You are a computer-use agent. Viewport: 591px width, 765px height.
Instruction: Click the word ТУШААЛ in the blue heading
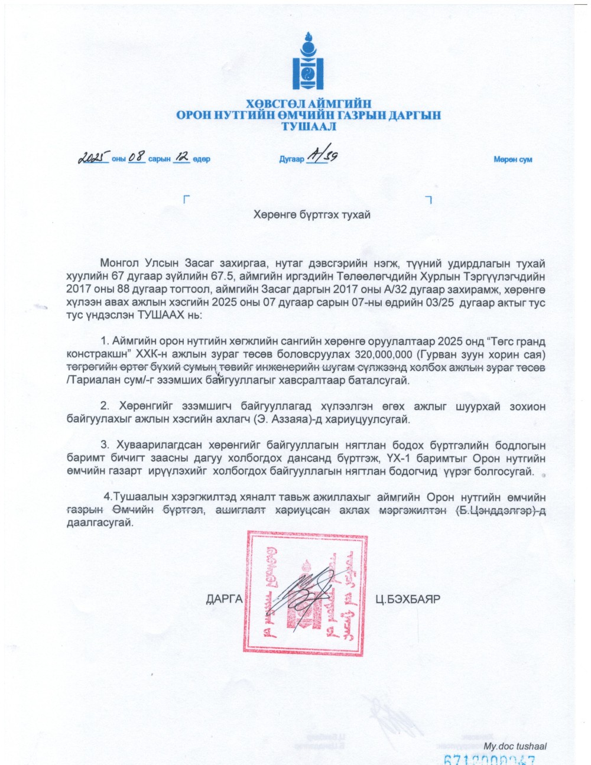(309, 126)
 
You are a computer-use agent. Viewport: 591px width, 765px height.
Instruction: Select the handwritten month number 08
(137, 157)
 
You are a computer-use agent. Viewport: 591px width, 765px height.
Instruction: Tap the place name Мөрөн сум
(512, 159)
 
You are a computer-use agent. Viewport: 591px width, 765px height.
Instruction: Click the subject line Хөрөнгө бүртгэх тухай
(311, 214)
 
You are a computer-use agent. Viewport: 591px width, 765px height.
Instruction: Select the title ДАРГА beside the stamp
(224, 599)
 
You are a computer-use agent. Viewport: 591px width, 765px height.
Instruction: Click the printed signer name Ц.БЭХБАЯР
(408, 599)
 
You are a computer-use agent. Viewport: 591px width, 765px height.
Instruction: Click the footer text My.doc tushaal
(515, 746)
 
